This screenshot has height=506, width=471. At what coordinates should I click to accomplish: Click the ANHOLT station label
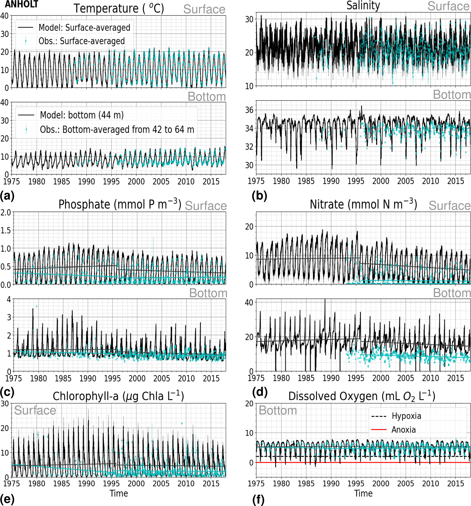point(21,4)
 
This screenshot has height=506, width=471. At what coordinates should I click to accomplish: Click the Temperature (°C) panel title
point(119,8)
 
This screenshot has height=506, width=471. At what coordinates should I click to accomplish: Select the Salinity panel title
point(363,6)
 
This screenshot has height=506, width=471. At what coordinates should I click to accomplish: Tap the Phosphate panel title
point(120,204)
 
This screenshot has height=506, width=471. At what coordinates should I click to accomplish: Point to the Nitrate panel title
point(363,204)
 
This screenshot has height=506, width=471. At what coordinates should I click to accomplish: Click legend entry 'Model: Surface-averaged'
point(84,28)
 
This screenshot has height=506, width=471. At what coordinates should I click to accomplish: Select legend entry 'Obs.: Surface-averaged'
point(82,41)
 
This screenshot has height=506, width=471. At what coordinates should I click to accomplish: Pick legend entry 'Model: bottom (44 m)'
point(82,115)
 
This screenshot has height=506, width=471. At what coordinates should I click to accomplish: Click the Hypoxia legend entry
point(406,416)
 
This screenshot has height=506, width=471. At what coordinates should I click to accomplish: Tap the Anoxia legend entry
point(404,430)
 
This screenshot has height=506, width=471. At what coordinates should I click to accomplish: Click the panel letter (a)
point(7,196)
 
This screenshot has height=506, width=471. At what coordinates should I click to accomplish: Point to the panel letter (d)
point(260,392)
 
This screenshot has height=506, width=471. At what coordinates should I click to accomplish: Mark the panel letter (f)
point(258,500)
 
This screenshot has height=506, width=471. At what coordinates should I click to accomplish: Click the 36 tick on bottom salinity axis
point(249,110)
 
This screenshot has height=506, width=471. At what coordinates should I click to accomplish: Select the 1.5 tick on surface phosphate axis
point(6,230)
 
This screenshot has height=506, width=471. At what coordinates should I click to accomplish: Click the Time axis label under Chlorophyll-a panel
point(119,493)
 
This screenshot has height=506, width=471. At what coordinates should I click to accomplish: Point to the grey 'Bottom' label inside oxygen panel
point(278,410)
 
